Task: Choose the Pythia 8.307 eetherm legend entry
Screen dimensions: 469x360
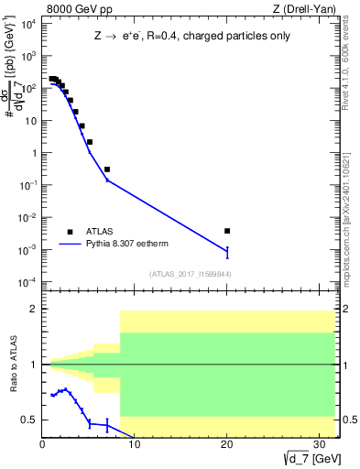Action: pos(128,245)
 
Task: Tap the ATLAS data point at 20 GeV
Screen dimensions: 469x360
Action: pos(227,231)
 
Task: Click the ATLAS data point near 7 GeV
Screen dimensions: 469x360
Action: pos(107,169)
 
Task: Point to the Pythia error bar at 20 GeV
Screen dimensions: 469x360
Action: pos(227,252)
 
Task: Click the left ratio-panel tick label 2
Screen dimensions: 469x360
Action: pos(34,310)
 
